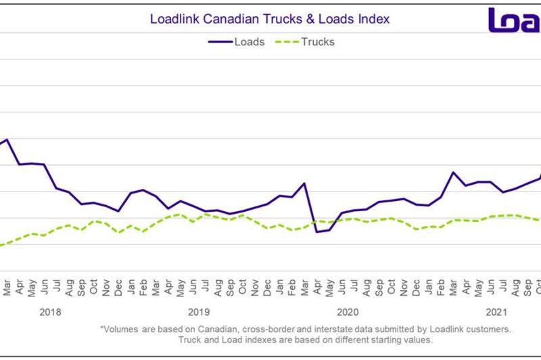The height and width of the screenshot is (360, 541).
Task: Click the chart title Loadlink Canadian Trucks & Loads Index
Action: [270, 19]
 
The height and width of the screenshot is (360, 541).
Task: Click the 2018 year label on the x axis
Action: [51, 312]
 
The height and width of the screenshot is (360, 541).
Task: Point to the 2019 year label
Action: [199, 312]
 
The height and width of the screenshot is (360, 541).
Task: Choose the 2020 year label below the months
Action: [347, 312]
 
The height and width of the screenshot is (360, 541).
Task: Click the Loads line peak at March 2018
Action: [7, 140]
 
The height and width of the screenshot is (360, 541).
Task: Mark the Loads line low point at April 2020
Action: [316, 232]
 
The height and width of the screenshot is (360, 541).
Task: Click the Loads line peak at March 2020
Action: [304, 183]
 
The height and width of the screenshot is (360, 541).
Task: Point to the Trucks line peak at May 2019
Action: [180, 215]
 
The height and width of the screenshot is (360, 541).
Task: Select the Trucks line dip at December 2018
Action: [118, 232]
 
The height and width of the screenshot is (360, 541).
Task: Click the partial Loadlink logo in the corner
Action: [514, 20]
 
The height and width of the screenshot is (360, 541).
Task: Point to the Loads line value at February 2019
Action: [143, 190]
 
